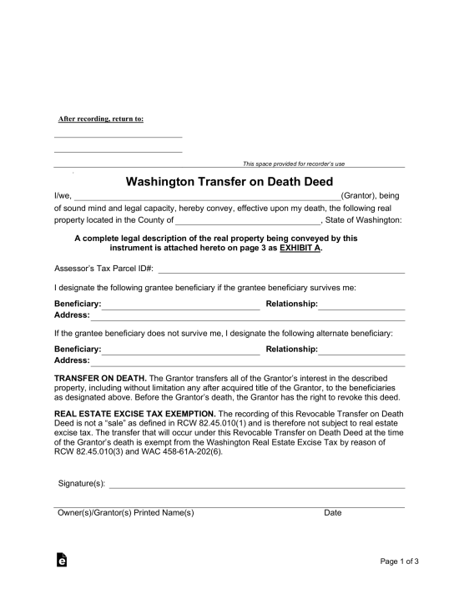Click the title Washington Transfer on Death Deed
point(229,181)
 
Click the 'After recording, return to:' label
point(100,118)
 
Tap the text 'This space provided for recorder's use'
point(293,164)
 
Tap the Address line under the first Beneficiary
point(248,318)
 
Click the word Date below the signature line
point(332,513)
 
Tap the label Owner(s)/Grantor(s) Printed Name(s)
point(125,513)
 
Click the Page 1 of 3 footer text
point(399,561)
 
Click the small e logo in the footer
point(61,561)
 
